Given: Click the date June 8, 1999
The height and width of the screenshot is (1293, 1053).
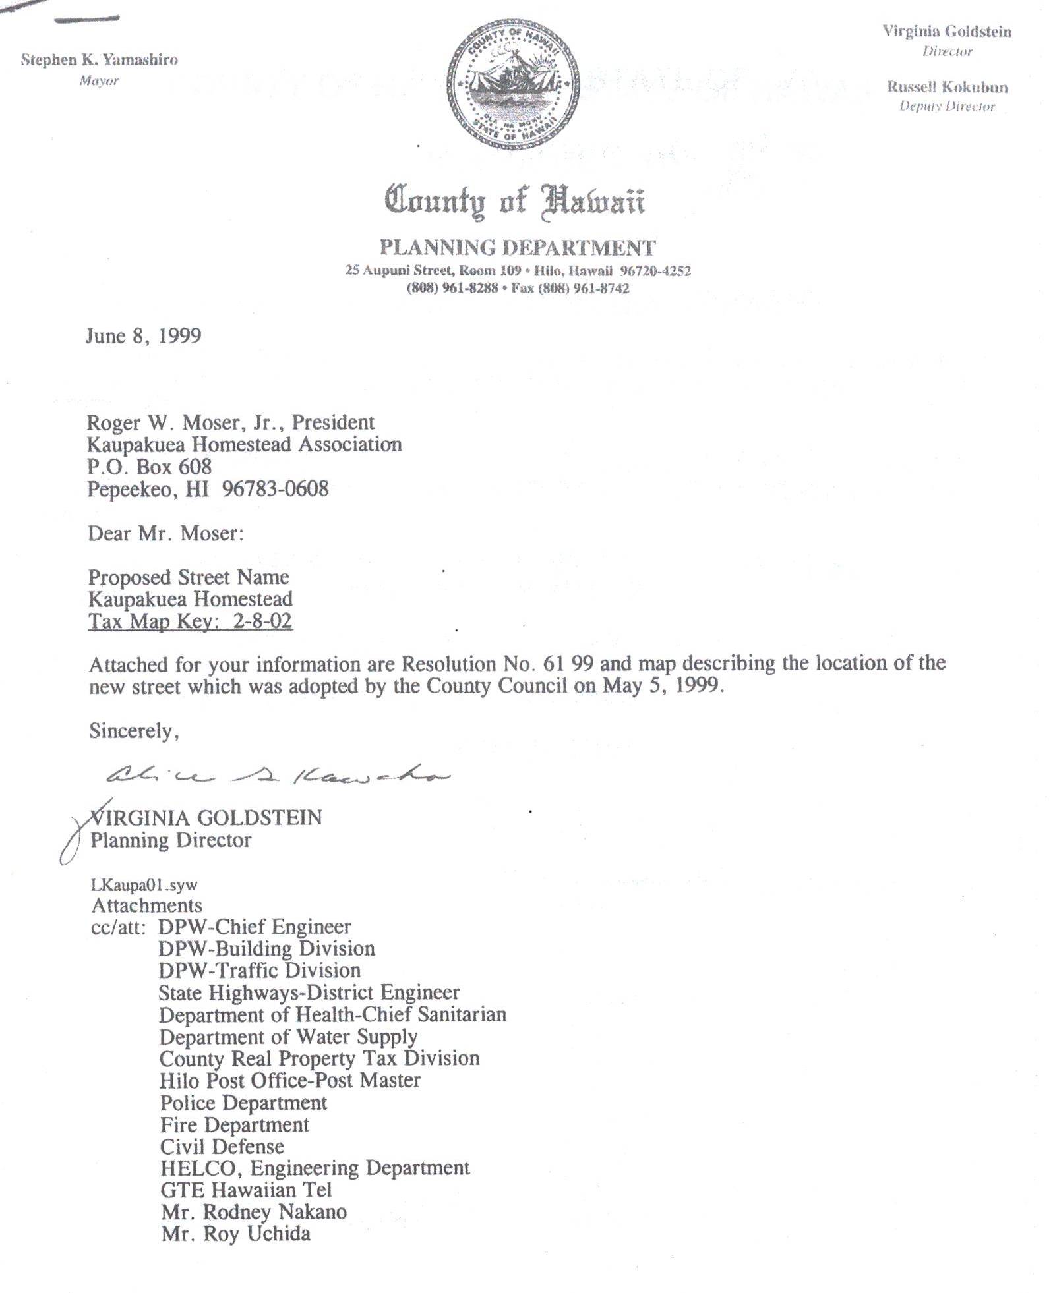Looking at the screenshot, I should [x=143, y=336].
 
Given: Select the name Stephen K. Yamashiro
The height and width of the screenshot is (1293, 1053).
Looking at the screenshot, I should [x=99, y=60].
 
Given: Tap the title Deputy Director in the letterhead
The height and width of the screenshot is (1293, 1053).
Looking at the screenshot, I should [x=947, y=106].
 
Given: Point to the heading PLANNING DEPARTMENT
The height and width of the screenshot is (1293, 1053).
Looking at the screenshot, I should [x=518, y=248].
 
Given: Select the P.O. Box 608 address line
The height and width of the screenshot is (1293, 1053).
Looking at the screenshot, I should [x=150, y=467].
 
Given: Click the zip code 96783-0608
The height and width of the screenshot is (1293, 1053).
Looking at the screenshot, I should [x=275, y=489].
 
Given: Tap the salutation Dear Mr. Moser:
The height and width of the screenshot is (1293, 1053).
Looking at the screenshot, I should [x=165, y=533].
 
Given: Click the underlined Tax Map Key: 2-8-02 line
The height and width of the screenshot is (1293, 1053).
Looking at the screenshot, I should [x=190, y=621].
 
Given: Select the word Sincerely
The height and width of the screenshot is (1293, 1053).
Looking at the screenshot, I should [x=134, y=731].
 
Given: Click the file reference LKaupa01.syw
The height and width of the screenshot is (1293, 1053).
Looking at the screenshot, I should [x=144, y=884].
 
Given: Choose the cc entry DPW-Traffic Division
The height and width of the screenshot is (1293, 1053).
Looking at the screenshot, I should [x=259, y=971].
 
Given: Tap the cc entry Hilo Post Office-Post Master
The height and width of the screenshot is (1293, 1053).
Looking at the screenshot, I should [x=289, y=1080].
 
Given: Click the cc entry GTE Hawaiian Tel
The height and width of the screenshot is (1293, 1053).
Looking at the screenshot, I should [x=245, y=1190].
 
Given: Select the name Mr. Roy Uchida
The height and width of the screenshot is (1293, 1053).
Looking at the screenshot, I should [x=235, y=1234].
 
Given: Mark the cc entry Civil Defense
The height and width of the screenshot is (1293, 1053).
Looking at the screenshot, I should [x=222, y=1146].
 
